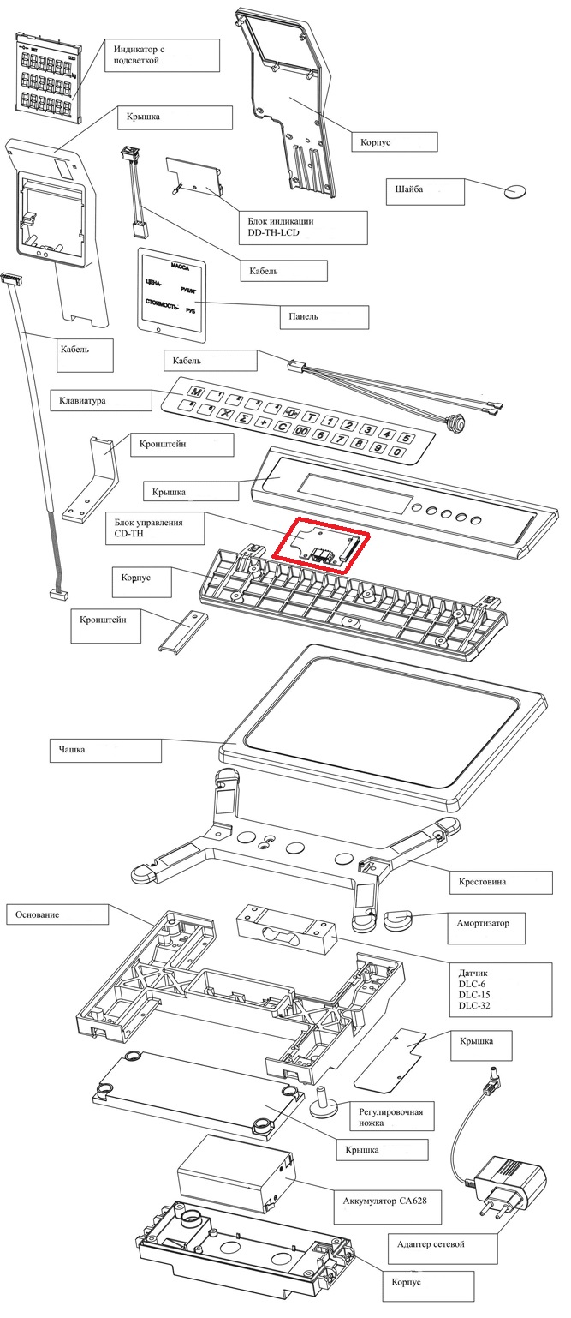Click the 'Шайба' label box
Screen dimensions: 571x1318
pyautogui.click(x=425, y=191)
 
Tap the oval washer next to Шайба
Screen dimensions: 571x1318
pyautogui.click(x=515, y=190)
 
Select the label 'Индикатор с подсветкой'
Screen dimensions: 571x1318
pyautogui.click(x=163, y=56)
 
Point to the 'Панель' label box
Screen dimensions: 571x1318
pyautogui.click(x=324, y=317)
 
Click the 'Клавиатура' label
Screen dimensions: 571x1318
pyautogui.click(x=101, y=401)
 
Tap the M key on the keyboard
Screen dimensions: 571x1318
pyautogui.click(x=197, y=392)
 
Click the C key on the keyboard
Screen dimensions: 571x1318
pyautogui.click(x=283, y=427)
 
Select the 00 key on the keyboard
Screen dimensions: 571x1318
pyautogui.click(x=301, y=431)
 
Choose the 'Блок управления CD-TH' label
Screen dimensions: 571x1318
pyautogui.click(x=156, y=528)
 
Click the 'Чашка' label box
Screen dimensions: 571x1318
pyautogui.click(x=106, y=750)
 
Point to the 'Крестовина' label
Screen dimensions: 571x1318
pyautogui.click(x=501, y=882)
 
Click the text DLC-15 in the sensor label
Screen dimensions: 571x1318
pyautogui.click(x=474, y=994)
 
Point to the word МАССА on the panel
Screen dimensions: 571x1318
pyautogui.click(x=180, y=267)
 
